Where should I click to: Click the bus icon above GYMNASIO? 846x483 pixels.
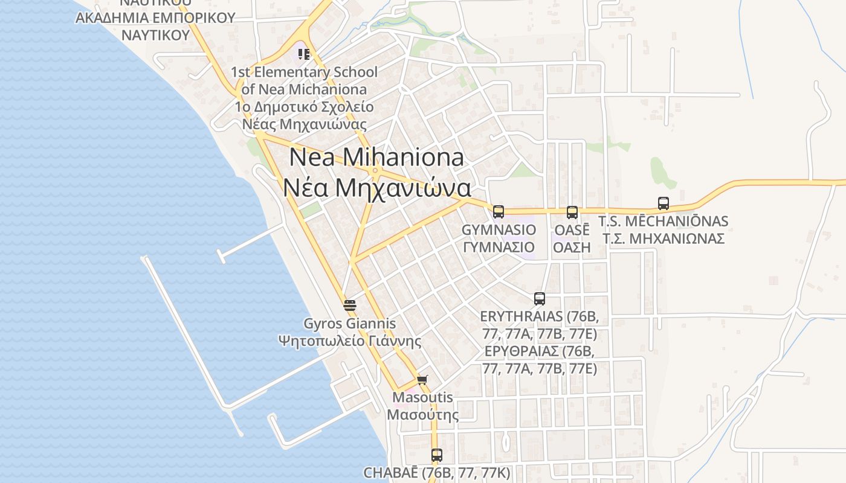[499, 211]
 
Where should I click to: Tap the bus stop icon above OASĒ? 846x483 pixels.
[572, 212]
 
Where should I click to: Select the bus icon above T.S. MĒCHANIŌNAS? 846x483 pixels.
[664, 203]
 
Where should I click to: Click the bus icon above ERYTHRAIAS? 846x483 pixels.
[540, 298]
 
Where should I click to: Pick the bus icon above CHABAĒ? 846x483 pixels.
[437, 455]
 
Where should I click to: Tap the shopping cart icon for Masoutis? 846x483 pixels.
[422, 380]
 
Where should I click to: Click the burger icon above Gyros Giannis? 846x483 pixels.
[349, 305]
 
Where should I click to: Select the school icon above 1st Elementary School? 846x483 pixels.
[304, 54]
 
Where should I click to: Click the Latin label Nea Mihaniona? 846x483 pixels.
[376, 158]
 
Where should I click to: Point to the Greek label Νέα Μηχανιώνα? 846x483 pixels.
[376, 188]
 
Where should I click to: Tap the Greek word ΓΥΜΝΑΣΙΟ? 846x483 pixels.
[499, 247]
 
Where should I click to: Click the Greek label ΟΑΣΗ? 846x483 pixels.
[572, 247]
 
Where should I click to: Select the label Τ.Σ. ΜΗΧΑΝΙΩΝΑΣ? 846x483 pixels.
[664, 238]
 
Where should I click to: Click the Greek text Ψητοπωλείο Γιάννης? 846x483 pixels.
[350, 341]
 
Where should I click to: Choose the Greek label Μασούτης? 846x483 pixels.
[422, 415]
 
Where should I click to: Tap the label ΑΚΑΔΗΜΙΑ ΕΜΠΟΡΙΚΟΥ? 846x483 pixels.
[155, 18]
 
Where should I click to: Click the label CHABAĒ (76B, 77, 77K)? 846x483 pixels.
[437, 472]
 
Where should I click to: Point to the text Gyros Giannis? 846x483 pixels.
[350, 324]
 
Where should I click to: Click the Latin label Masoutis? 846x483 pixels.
[422, 398]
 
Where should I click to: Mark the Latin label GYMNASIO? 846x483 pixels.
[499, 229]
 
